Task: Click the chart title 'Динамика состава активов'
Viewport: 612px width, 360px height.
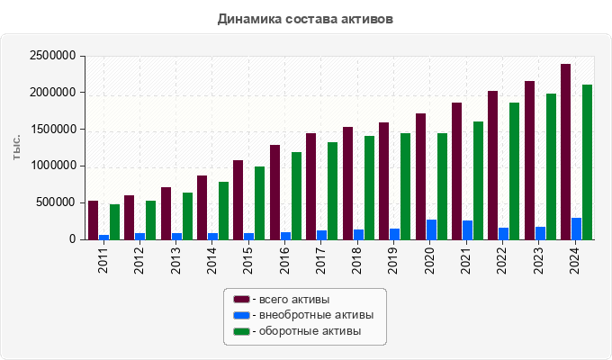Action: coord(305,18)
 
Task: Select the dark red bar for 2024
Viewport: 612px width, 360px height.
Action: coord(565,152)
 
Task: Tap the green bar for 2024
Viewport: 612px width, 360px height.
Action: coord(587,162)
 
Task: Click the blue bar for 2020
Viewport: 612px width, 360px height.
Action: coord(431,229)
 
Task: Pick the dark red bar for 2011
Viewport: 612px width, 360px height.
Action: coord(93,220)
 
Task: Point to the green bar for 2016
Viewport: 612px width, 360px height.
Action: coord(296,196)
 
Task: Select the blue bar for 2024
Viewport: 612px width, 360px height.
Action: coord(576,229)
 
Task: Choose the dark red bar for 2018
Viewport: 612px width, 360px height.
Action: coord(347,184)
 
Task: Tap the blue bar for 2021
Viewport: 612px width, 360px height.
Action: coord(467,230)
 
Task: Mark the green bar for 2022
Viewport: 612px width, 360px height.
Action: coord(514,171)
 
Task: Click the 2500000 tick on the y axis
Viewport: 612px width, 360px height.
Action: coord(51,56)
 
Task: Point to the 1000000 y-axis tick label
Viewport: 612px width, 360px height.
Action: coord(51,166)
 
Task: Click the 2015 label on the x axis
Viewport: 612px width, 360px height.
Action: coord(248,258)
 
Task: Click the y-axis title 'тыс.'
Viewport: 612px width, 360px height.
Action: coord(16,148)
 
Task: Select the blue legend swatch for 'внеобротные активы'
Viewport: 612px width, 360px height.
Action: coord(241,315)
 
